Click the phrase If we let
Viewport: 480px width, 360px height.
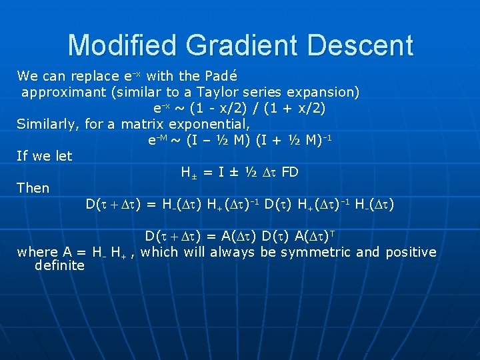click(x=45, y=156)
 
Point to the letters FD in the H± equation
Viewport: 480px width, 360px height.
click(x=290, y=172)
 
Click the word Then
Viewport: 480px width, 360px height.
click(x=33, y=188)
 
